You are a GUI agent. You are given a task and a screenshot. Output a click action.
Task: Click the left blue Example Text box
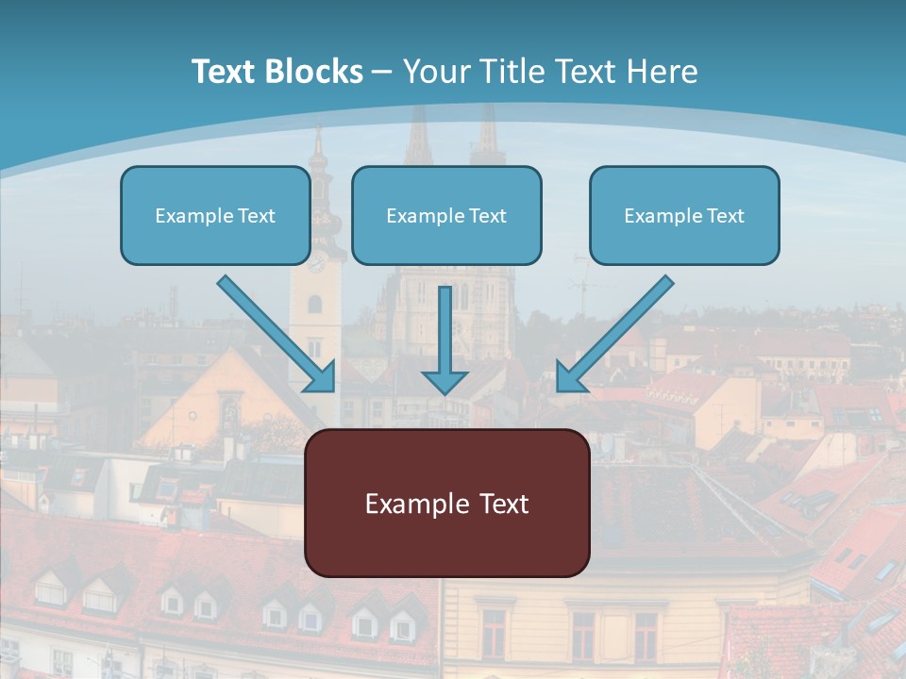[x=215, y=216]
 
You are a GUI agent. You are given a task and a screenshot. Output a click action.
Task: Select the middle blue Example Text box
[x=446, y=216]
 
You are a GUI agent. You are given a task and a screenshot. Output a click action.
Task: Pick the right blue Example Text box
[x=684, y=216]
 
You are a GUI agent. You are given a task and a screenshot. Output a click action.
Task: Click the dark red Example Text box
[x=446, y=504]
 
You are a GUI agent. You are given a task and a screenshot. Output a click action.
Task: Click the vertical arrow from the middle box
[x=445, y=330]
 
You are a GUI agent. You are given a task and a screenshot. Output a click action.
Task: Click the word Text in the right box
[x=725, y=216]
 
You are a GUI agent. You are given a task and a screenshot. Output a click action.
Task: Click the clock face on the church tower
[x=315, y=264]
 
